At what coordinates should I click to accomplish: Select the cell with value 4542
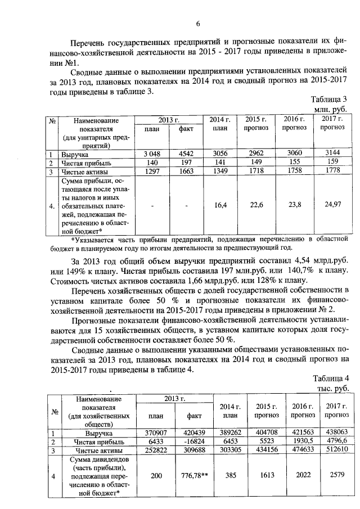[186, 153]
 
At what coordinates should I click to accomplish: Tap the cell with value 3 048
[149, 153]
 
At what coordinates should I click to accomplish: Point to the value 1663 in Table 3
[186, 171]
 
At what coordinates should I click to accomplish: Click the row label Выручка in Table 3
[75, 154]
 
